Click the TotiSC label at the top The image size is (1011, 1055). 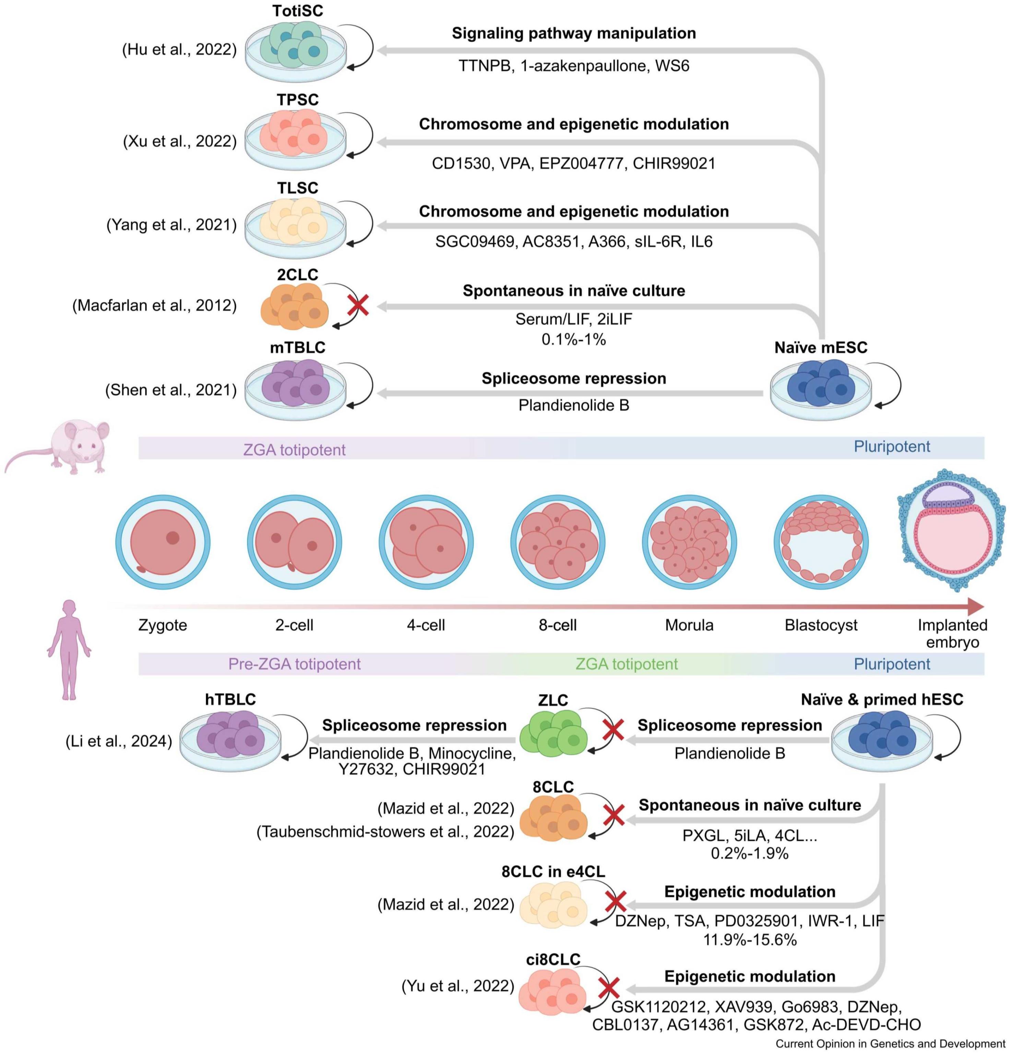297,11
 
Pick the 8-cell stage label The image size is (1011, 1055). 557,625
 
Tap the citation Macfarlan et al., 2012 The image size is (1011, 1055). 155,305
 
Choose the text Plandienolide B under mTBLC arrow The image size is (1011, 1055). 573,405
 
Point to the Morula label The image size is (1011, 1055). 689,625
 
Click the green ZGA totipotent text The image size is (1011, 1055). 626,664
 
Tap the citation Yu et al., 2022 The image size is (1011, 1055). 457,985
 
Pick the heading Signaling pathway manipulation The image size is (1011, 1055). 573,33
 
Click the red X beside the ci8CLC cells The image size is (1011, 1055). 609,988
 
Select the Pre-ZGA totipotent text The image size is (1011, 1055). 294,664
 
